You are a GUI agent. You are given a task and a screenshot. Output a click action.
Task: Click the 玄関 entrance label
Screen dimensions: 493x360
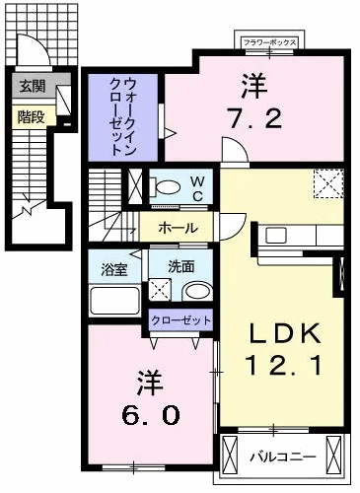(x=31, y=86)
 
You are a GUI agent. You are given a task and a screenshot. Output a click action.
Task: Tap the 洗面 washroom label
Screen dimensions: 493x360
(x=180, y=265)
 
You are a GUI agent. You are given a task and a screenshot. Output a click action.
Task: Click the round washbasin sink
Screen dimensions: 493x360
(x=197, y=291)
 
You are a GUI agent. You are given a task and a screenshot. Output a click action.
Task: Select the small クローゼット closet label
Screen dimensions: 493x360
(x=180, y=320)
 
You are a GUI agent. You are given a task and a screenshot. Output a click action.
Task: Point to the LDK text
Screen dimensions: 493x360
(x=281, y=333)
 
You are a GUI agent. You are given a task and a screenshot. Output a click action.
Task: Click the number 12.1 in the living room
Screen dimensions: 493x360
(x=281, y=368)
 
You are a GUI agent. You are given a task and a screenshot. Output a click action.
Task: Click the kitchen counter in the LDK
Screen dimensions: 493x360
(x=296, y=237)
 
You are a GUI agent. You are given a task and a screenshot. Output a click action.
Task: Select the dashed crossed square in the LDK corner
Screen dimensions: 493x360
(x=327, y=184)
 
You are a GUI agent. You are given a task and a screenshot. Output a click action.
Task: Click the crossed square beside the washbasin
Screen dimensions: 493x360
(x=161, y=290)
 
